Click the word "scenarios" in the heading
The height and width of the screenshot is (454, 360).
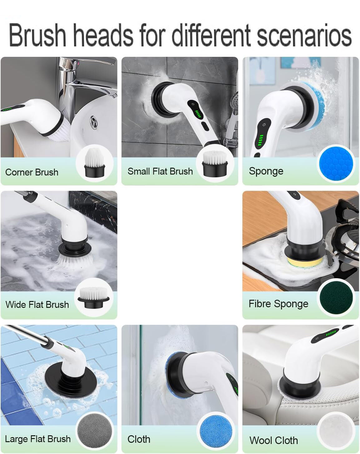click(x=304, y=35)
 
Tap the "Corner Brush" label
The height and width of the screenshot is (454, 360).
click(x=32, y=172)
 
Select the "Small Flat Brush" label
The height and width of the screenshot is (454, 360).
click(x=160, y=171)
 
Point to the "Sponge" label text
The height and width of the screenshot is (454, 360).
click(x=266, y=171)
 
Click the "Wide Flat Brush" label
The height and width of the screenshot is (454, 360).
click(x=37, y=304)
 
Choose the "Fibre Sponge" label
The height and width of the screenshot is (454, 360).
click(x=278, y=304)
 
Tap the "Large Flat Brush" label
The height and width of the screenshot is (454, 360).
click(x=38, y=439)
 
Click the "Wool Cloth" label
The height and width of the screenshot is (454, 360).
click(x=274, y=440)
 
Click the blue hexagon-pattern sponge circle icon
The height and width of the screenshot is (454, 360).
click(x=336, y=163)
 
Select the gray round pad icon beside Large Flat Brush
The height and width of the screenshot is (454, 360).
click(x=94, y=432)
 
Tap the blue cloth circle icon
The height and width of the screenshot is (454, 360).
click(x=215, y=432)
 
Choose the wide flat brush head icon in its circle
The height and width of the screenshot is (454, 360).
click(x=94, y=298)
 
